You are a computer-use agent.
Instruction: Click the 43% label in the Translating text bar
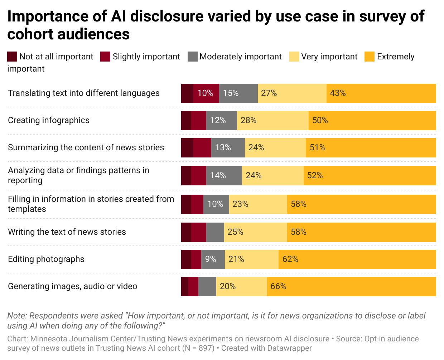(338, 93)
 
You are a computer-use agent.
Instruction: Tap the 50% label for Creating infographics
(320, 120)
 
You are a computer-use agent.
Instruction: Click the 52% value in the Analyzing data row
(315, 175)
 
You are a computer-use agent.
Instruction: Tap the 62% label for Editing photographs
(290, 259)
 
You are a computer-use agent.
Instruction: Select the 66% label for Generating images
(278, 286)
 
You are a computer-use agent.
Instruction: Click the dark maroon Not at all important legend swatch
(12, 57)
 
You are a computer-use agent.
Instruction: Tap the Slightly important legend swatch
(105, 57)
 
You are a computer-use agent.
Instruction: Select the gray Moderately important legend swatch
(192, 57)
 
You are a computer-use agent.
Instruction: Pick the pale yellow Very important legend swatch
(294, 57)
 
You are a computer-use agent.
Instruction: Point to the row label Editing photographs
(46, 259)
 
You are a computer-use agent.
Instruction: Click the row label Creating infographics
(49, 120)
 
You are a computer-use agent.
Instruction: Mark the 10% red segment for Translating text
(206, 93)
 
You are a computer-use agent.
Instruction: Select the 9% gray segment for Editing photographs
(211, 259)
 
